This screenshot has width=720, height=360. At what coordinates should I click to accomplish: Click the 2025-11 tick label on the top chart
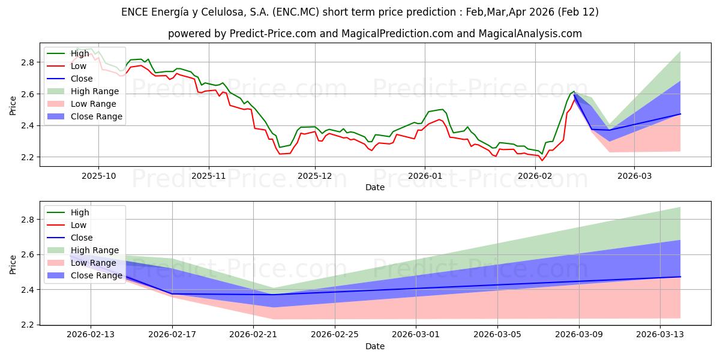click(x=209, y=176)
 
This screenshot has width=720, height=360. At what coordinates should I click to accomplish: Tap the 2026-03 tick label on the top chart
click(x=634, y=176)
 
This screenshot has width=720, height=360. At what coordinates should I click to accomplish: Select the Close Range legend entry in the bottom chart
click(x=96, y=275)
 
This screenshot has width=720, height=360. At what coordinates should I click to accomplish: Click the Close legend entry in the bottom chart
click(x=82, y=238)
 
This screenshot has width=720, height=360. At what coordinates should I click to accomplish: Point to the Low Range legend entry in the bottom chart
click(x=94, y=263)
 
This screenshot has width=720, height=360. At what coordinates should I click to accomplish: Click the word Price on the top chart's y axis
click(x=13, y=105)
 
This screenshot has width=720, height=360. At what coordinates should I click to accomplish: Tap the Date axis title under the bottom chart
click(x=375, y=346)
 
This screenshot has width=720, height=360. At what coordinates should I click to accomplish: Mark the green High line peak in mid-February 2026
click(x=574, y=91)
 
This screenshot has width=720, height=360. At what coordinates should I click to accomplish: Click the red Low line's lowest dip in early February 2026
click(x=542, y=160)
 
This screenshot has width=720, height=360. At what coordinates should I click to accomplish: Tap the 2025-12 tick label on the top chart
click(x=315, y=176)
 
